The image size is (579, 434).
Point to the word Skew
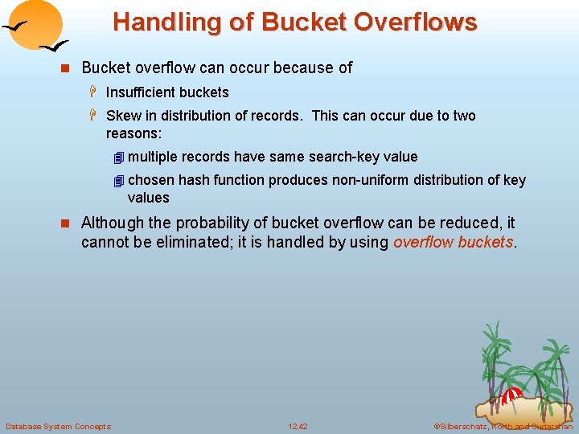pos(122,116)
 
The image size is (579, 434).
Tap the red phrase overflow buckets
pos(453,242)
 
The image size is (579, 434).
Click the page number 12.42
pos(298,426)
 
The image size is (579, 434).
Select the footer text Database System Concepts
pos(58,426)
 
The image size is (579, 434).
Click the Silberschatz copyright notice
pos(503,426)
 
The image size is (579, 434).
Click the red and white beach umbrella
pos(513,395)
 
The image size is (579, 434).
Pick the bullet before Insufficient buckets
pos(94,92)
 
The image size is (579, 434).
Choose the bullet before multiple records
pos(118,157)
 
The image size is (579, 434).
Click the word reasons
pos(133,133)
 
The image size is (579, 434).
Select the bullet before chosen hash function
pos(118,180)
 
